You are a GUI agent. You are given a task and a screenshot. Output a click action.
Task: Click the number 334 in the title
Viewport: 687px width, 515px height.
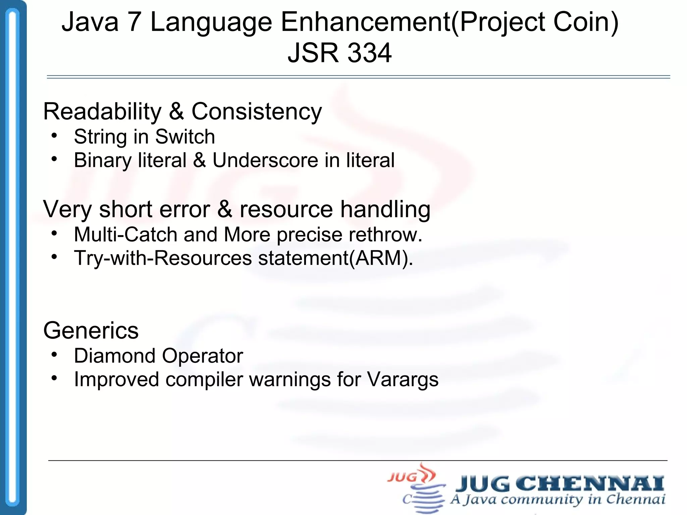tap(369, 53)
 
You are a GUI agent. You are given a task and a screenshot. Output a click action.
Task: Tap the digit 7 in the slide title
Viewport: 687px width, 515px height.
tap(134, 22)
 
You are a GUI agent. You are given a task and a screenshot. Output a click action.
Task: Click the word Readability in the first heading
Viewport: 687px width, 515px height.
tap(102, 112)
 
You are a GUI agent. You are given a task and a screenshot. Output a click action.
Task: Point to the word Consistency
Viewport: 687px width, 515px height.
tap(257, 112)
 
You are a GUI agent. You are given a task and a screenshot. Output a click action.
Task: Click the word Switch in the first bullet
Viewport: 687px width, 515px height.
tap(185, 137)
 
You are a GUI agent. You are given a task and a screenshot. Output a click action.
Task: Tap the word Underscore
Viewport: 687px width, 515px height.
tap(265, 160)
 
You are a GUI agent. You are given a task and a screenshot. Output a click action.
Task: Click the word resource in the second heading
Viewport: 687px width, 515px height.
tap(286, 209)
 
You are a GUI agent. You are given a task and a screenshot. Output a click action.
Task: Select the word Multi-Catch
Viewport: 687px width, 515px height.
tap(125, 234)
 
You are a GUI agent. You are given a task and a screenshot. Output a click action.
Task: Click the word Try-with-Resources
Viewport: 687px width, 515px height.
tap(163, 258)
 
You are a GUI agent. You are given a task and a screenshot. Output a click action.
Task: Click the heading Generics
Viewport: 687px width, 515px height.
tap(91, 331)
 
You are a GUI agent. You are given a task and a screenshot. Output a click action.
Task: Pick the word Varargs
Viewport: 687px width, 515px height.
tap(403, 380)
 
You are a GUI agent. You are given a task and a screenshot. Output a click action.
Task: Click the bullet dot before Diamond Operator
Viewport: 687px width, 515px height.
tap(54, 354)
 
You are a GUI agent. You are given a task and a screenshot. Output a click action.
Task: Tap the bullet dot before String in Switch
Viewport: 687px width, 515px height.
tap(54, 135)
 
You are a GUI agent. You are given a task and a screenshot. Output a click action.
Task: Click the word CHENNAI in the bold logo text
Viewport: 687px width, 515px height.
tap(589, 483)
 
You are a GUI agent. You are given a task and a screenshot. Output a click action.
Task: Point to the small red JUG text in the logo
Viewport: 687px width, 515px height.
tap(402, 477)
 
